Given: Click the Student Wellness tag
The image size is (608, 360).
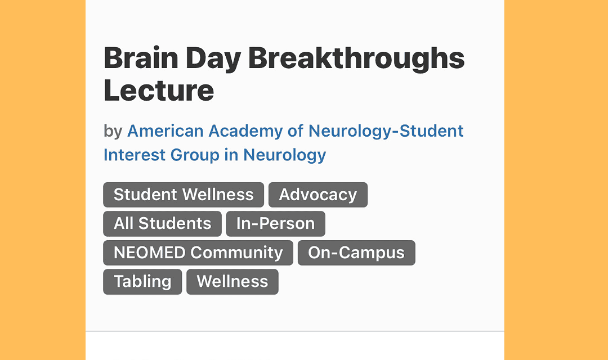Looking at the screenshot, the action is [184, 195].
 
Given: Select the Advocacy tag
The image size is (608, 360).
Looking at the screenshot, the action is [318, 195].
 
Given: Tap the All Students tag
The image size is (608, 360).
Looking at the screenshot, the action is [163, 224].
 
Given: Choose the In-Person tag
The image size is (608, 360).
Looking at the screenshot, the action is [276, 224].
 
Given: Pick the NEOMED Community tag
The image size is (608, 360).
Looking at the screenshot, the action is [198, 253].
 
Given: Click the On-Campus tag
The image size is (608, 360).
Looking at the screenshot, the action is [356, 253].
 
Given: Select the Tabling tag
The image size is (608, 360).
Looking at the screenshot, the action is [142, 282].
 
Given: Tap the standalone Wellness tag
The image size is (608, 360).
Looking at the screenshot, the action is [233, 282].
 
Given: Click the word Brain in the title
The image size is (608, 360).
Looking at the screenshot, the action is [141, 58].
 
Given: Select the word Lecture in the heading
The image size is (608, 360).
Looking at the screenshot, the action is [159, 91].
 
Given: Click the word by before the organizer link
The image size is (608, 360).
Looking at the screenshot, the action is [113, 132].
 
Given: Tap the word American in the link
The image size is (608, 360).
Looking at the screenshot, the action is [166, 131].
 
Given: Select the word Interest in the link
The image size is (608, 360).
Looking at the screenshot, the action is [135, 155].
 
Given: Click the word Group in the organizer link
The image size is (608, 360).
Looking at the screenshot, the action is [195, 156].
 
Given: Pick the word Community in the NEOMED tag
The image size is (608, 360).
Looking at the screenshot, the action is [236, 253].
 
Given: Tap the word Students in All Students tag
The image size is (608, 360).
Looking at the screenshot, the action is [175, 224].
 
